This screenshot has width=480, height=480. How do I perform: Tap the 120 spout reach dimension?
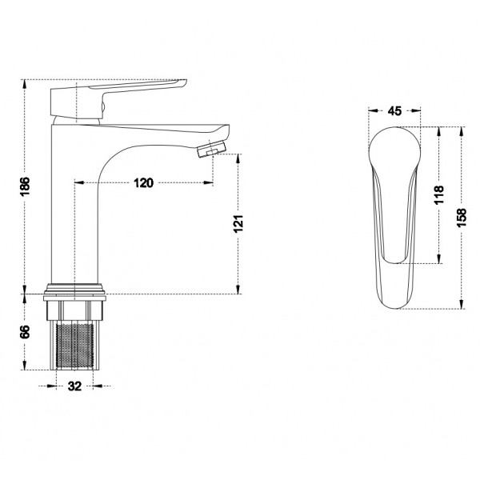[x=143, y=183]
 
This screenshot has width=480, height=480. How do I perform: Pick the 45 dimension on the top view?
[x=394, y=111]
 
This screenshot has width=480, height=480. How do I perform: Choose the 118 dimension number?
[x=439, y=195]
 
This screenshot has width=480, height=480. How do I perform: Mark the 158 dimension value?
[x=462, y=217]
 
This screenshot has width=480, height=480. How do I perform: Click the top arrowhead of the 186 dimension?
[x=25, y=83]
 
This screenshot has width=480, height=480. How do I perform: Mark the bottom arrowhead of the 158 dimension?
[x=462, y=306]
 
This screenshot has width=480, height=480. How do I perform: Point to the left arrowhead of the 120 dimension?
[x=78, y=183]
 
